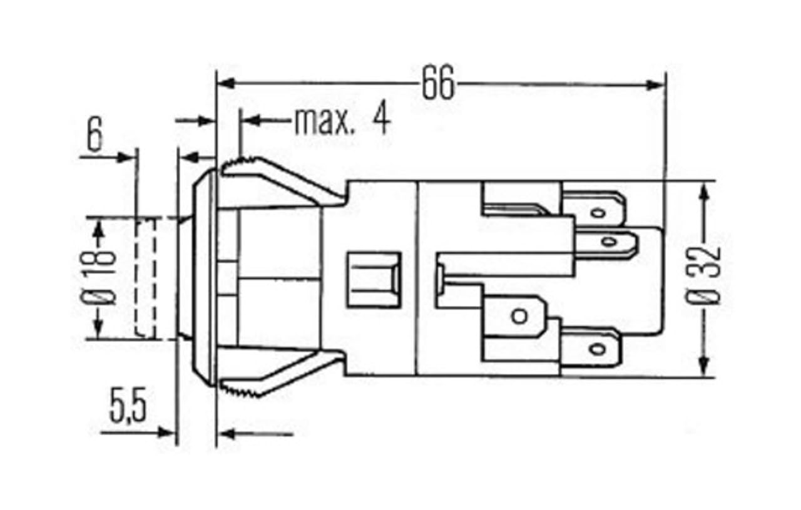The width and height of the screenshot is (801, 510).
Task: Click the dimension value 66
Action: [438, 83]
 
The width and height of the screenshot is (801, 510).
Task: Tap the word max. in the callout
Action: [324, 121]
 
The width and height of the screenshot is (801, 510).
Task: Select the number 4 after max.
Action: [382, 118]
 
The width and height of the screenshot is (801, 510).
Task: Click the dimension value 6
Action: [94, 134]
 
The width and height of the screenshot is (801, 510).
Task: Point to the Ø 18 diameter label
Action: [99, 278]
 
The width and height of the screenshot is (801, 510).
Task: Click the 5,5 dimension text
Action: [128, 405]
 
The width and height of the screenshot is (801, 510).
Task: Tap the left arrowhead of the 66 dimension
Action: [226, 83]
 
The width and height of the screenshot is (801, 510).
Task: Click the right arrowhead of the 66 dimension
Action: [655, 85]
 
